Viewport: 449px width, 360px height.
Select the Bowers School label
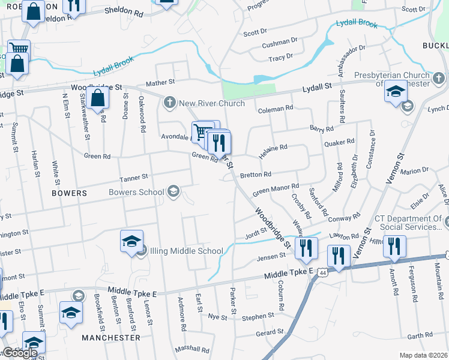coord(136,192)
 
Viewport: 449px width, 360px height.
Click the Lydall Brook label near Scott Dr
coord(357,25)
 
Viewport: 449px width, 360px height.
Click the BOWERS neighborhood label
coord(69,194)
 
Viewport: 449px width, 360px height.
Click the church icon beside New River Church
coord(170,103)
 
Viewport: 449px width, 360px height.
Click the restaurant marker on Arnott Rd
coord(394,246)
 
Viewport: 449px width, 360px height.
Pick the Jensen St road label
coord(271,256)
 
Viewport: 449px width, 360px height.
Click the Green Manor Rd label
coord(275,190)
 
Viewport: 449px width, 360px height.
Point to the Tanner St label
coord(133,178)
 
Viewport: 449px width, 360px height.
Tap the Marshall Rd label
coord(191,349)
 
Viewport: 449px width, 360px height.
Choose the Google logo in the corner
coord(19,353)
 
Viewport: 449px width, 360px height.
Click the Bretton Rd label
coord(255,175)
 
